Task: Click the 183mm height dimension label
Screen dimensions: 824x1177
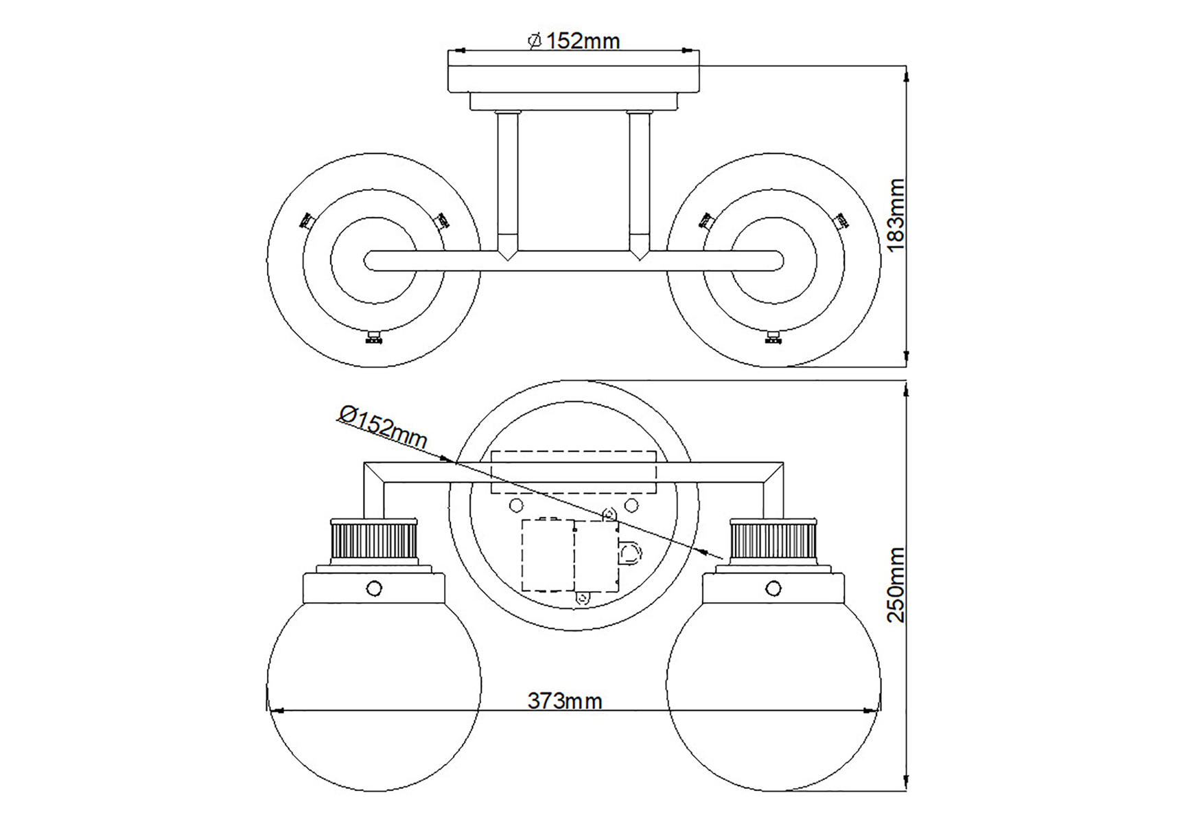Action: point(896,214)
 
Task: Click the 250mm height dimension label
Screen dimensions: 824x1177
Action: point(896,584)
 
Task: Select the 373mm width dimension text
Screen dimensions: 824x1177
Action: point(565,701)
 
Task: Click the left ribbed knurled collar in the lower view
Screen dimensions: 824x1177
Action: point(374,540)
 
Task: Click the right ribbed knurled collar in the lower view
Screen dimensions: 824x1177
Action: point(773,540)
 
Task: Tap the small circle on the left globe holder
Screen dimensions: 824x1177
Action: point(374,588)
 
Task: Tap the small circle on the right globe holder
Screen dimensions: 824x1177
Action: point(773,588)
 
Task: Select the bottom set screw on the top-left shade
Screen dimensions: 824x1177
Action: point(374,337)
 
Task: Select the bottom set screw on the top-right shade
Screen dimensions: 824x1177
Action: point(773,337)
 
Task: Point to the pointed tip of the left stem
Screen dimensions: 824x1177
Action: point(508,257)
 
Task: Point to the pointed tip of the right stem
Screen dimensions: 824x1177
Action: point(639,257)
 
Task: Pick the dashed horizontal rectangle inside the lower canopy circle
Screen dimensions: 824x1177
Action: point(574,472)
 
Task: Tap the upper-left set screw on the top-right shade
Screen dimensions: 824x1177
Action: point(706,220)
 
